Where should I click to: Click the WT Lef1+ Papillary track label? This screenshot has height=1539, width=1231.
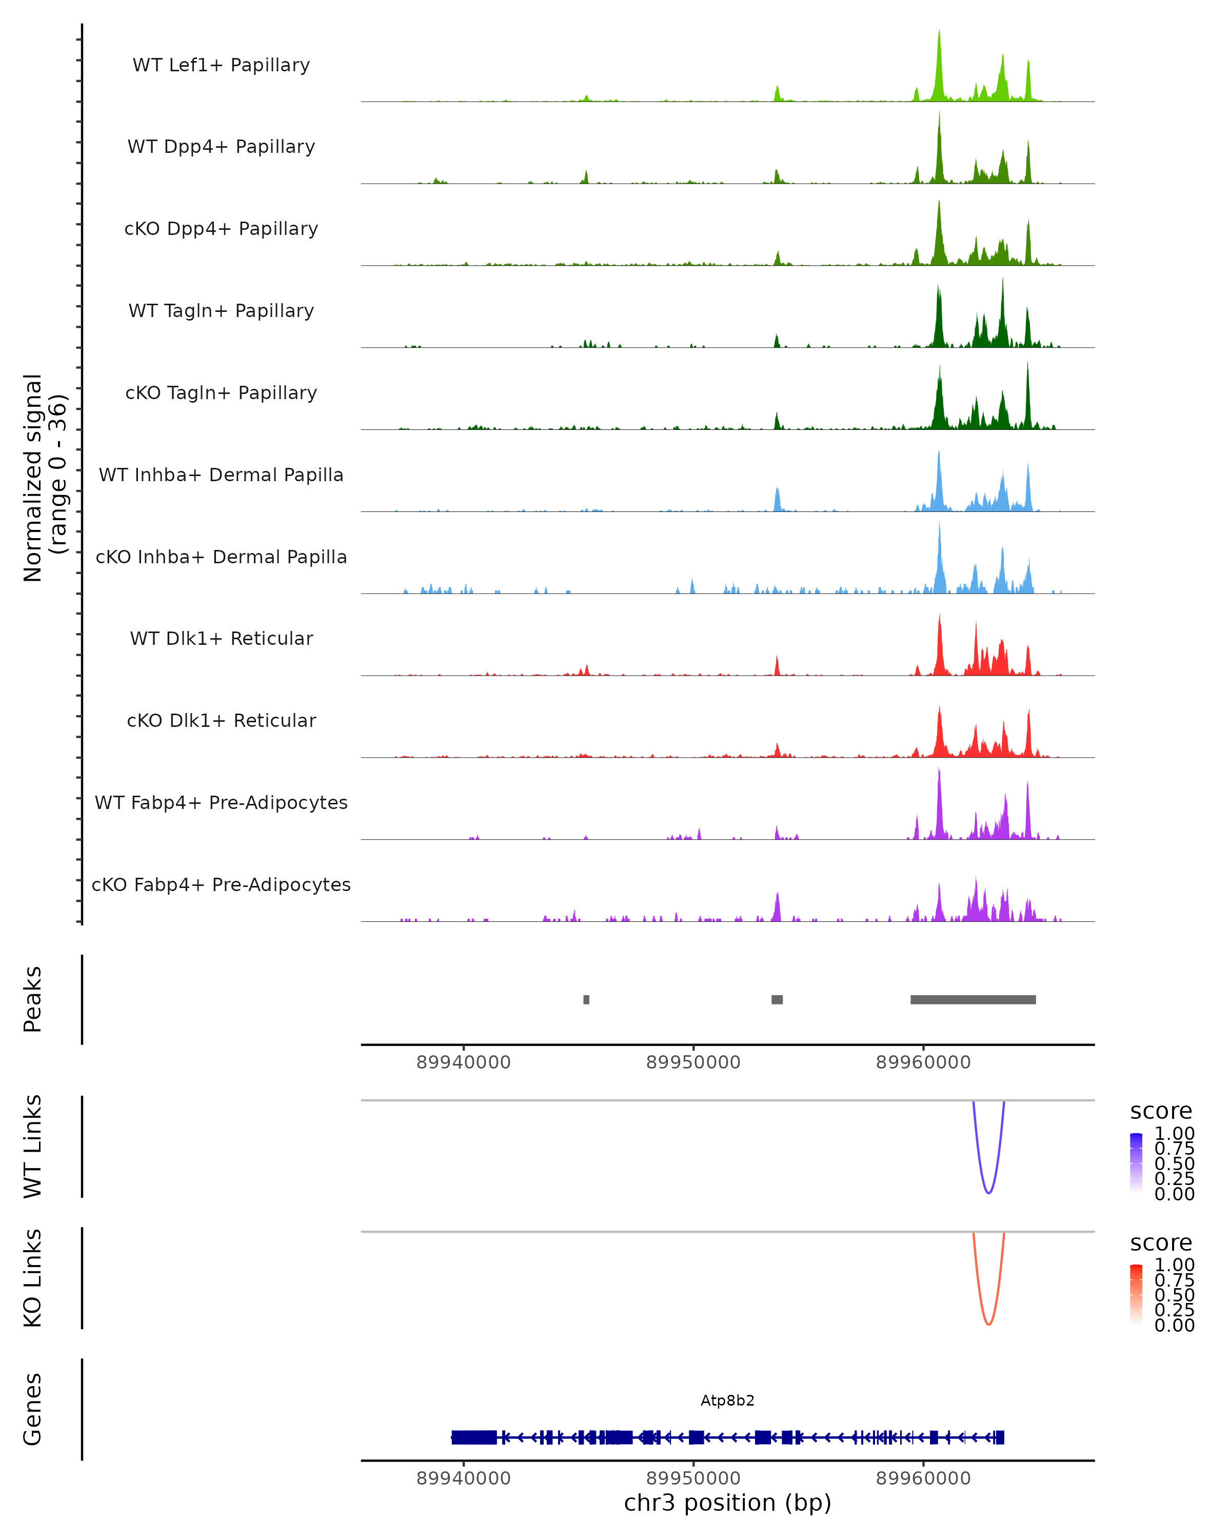[221, 65]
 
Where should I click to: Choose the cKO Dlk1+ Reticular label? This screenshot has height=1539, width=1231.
[221, 720]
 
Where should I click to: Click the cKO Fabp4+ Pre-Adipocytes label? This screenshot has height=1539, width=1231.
[221, 884]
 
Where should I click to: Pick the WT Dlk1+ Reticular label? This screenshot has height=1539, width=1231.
[221, 638]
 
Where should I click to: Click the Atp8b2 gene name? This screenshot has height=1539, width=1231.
[727, 1400]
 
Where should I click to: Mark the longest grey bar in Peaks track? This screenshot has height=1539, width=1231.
[972, 999]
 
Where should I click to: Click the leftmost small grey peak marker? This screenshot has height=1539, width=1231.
[586, 999]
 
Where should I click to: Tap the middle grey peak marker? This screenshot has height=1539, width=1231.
[777, 999]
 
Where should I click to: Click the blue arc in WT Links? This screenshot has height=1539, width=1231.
[988, 1192]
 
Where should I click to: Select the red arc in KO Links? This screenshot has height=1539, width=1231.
[988, 1324]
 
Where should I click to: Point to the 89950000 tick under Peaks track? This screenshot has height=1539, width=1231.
[693, 1062]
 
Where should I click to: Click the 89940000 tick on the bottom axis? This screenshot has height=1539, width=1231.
[463, 1477]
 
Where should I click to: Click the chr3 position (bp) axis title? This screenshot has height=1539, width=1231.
[727, 1503]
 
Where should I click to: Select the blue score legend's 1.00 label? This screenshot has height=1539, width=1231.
[1174, 1134]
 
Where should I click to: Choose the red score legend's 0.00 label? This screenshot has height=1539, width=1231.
[1174, 1325]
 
